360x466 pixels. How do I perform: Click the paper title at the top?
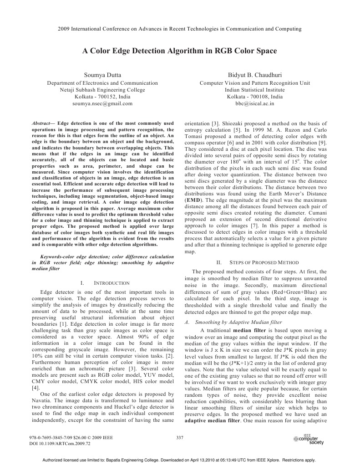click(179, 51)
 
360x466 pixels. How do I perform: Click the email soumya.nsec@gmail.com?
click(102, 104)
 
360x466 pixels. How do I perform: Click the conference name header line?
click(180, 29)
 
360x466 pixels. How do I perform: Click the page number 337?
click(179, 438)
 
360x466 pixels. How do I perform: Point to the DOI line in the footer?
click(60, 443)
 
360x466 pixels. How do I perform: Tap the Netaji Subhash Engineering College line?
click(102, 90)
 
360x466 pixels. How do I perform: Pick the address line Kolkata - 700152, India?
click(102, 97)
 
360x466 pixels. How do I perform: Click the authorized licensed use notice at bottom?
click(179, 460)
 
